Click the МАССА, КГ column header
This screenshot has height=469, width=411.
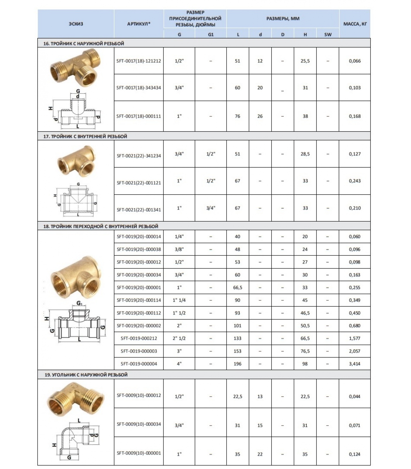(355, 24)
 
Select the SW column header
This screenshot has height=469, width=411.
(328, 35)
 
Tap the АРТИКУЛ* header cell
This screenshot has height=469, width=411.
(139, 24)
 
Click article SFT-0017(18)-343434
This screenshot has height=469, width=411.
(139, 88)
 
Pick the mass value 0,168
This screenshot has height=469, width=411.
(355, 116)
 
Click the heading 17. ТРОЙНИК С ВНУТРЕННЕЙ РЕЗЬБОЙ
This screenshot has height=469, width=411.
(85, 136)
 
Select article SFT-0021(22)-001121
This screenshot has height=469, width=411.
(139, 183)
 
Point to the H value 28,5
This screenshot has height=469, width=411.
(305, 154)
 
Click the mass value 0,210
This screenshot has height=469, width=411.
(355, 208)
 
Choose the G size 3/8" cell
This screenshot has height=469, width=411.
(179, 249)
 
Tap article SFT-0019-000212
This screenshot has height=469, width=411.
(139, 338)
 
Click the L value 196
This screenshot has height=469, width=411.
(237, 364)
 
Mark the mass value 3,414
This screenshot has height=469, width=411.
(355, 364)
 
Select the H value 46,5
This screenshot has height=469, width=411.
(305, 313)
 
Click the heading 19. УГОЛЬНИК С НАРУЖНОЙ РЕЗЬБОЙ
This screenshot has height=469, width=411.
(86, 375)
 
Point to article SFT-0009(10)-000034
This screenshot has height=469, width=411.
(139, 424)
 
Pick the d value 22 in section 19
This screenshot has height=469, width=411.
(260, 454)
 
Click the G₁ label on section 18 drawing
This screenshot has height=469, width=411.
(79, 303)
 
